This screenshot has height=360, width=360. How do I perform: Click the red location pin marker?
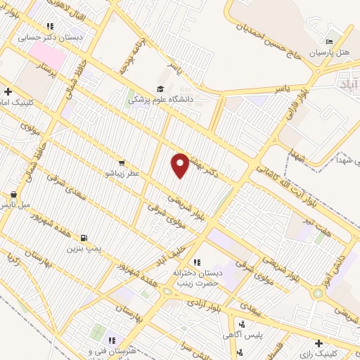tap(180, 165)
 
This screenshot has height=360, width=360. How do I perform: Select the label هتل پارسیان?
tap(330, 53)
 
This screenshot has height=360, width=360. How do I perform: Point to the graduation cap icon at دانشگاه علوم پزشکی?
tap(160, 89)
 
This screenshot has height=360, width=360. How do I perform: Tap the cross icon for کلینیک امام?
tap(8, 91)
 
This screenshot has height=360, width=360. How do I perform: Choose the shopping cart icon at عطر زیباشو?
tap(122, 162)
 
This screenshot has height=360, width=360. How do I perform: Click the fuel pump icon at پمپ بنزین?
tap(84, 238)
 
